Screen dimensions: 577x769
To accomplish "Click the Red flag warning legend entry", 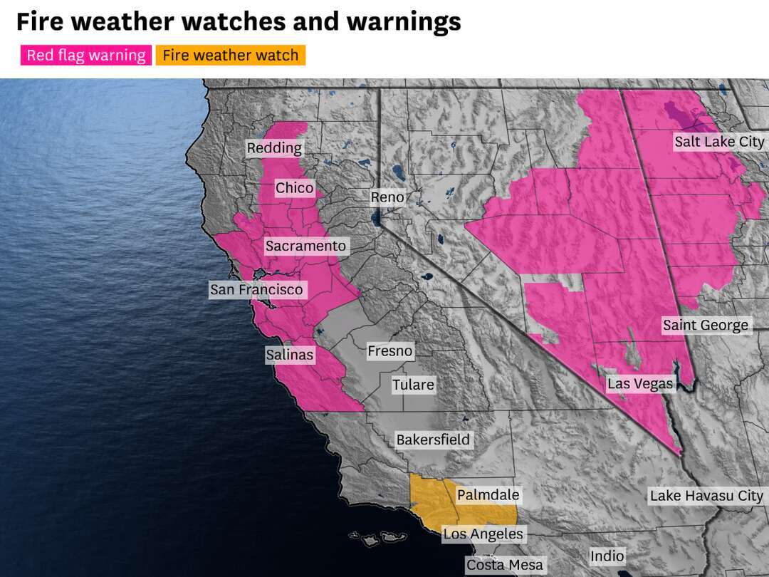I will pyautogui.click(x=85, y=55).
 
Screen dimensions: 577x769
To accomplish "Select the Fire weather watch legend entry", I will pyautogui.click(x=230, y=55).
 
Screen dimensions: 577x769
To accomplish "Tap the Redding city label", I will pyautogui.click(x=274, y=148).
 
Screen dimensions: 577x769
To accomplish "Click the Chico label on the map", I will pyautogui.click(x=294, y=188).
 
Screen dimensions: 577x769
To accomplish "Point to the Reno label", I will pyautogui.click(x=387, y=197).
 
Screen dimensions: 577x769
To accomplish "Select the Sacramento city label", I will pyautogui.click(x=305, y=246).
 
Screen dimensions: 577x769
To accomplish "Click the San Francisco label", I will pyautogui.click(x=256, y=290).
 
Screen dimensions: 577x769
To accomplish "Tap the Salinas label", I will pyautogui.click(x=289, y=354).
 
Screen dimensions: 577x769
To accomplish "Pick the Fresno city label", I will pyautogui.click(x=389, y=351).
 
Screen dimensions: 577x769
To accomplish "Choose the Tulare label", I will pyautogui.click(x=413, y=385).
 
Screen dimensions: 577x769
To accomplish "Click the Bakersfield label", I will pyautogui.click(x=433, y=440).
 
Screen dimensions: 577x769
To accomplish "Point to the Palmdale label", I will pyautogui.click(x=488, y=495).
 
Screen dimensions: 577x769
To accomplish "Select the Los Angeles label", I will pyautogui.click(x=483, y=534).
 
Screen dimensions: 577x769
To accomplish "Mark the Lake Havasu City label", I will pyautogui.click(x=706, y=496).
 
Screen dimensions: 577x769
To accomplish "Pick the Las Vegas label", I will pyautogui.click(x=639, y=384).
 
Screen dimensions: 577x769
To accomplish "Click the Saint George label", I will pyautogui.click(x=706, y=326).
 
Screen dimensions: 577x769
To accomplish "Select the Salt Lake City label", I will pyautogui.click(x=718, y=142).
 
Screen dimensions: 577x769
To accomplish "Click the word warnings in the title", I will pyautogui.click(x=403, y=21).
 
